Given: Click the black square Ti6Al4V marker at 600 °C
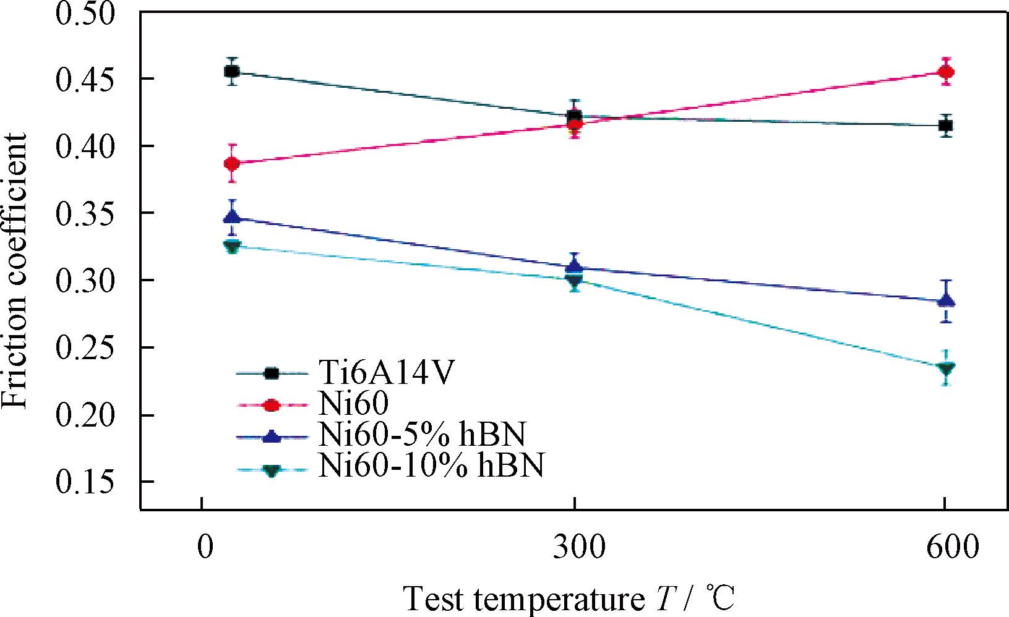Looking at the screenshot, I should tap(945, 126).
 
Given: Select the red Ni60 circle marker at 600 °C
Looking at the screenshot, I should tap(945, 72).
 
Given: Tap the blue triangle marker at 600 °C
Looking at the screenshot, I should tap(946, 301).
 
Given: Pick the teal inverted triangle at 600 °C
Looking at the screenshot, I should tap(945, 369).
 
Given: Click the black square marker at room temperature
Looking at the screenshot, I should tap(232, 72).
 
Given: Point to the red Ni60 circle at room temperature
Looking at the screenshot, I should tap(232, 164).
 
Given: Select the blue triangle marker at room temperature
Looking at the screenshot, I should tap(232, 216).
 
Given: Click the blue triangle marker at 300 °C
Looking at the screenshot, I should tap(575, 266).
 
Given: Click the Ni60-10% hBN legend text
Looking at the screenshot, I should tap(431, 466).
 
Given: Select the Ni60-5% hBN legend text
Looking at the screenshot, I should tap(422, 435).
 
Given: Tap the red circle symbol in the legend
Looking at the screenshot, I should tap(272, 405).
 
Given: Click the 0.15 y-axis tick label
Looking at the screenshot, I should tap(85, 482).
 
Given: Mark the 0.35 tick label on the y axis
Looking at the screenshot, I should tap(85, 213).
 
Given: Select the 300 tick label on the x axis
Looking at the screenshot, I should tap(575, 548).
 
